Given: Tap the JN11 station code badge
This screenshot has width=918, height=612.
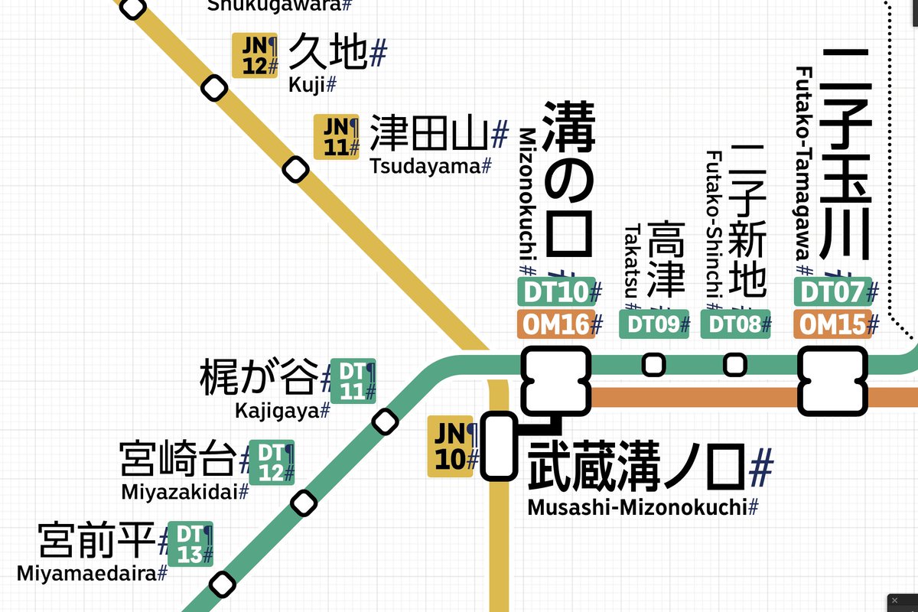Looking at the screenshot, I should click(337, 137).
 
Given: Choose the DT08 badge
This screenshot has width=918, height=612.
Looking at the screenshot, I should click(735, 324).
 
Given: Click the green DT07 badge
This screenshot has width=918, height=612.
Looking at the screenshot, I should click(831, 291).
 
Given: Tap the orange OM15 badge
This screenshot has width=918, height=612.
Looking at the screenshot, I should click(831, 324).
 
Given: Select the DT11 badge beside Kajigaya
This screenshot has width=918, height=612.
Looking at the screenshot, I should click(353, 381).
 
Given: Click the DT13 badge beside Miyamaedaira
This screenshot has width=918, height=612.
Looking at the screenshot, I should click(190, 544).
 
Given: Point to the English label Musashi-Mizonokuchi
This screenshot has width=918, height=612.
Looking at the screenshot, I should click(638, 507).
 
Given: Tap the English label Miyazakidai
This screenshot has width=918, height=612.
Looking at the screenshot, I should click(181, 491).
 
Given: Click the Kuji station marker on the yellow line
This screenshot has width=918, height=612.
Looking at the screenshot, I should click(214, 89).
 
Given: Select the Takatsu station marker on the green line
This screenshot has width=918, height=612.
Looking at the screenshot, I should click(653, 365).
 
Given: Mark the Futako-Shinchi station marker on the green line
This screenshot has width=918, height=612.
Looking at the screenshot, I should click(735, 365).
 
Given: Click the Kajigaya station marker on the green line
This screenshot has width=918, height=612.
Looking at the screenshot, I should click(384, 421).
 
